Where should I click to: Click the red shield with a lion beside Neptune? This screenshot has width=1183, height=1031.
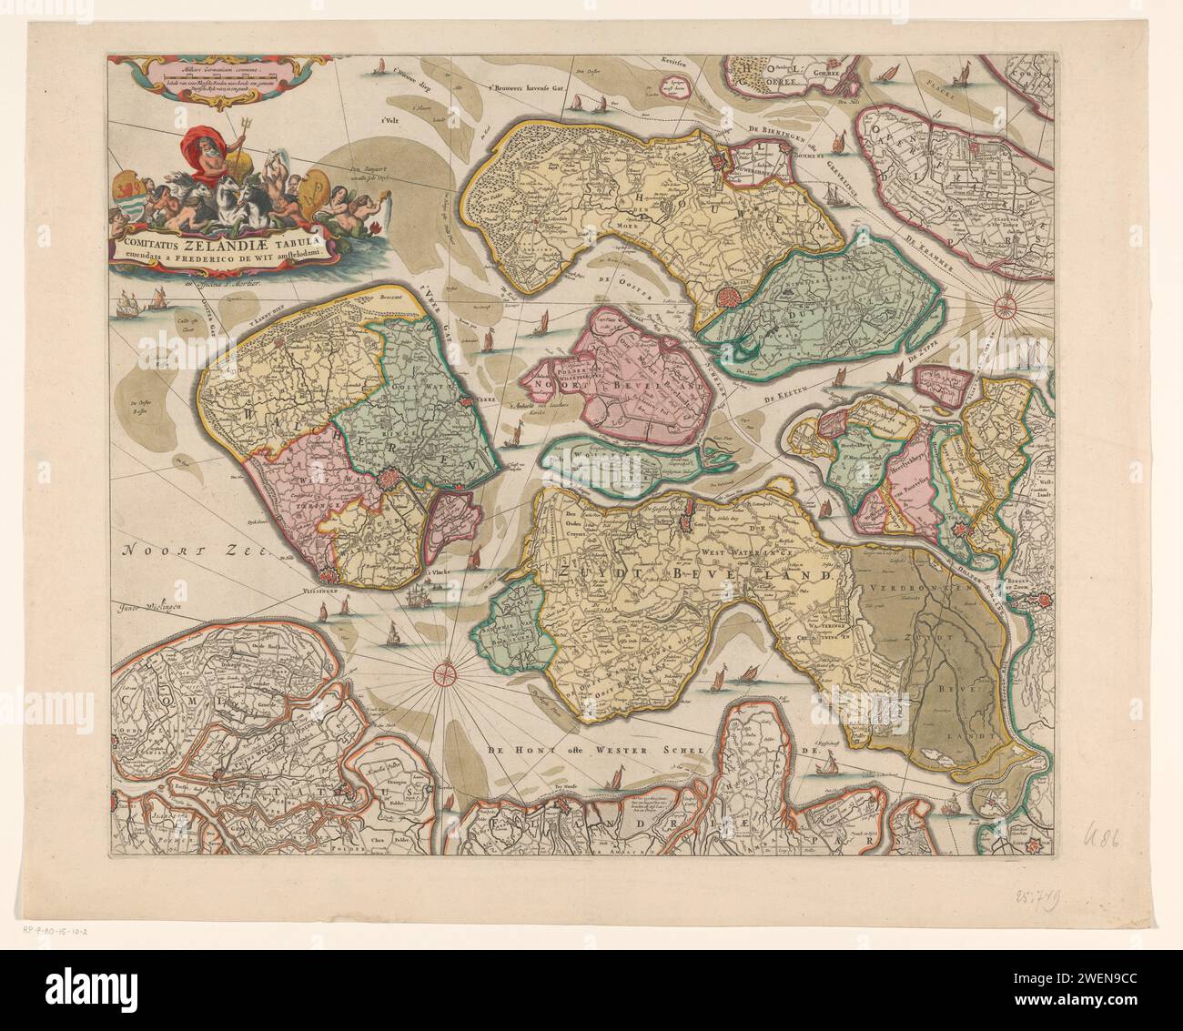coord(130,194)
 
